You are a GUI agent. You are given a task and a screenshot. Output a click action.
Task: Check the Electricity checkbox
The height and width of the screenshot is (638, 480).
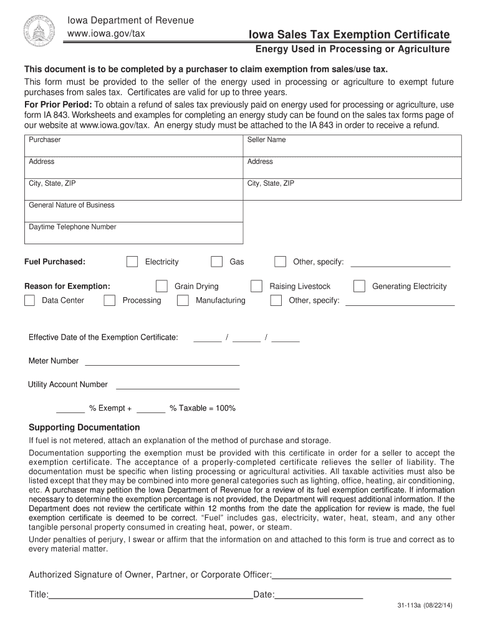[x=132, y=262]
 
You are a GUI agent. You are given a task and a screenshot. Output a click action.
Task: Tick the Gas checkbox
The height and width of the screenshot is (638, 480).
[x=216, y=262]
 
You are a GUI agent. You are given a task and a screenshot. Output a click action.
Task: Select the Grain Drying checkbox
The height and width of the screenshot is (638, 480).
[x=161, y=287]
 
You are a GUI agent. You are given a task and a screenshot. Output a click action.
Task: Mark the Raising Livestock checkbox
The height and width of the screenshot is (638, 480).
[x=256, y=287]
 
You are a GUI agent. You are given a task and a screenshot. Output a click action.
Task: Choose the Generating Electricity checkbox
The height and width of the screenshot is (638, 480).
[x=359, y=287]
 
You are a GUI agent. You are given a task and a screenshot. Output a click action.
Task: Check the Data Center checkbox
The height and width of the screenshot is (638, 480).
[x=29, y=301]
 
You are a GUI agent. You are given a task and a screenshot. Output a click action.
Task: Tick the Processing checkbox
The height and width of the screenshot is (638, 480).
[x=110, y=301]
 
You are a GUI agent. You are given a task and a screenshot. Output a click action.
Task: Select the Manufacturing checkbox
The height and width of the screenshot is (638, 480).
[x=183, y=301]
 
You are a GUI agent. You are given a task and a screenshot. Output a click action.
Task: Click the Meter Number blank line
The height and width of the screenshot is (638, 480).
[x=162, y=361]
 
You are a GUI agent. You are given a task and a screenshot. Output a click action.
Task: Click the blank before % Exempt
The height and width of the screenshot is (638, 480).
[x=70, y=409]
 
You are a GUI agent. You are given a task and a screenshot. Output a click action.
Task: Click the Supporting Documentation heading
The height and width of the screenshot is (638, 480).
[x=85, y=427]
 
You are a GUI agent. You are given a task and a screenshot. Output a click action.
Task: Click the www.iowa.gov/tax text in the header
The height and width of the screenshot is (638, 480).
[x=106, y=33]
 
